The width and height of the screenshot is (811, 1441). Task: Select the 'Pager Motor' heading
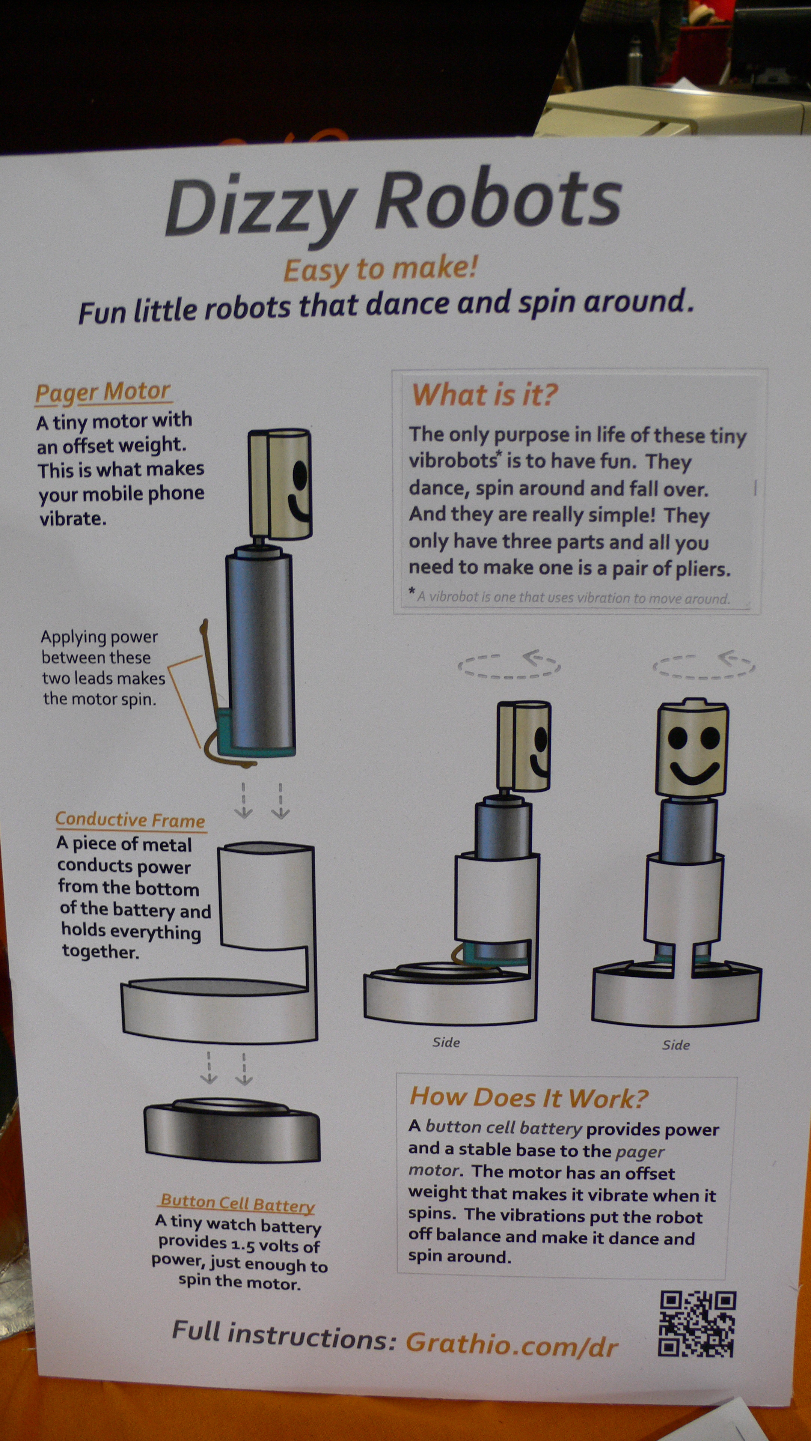click(103, 392)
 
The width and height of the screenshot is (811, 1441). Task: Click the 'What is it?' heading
click(485, 394)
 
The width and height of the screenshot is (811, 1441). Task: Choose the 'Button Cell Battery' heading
click(238, 1203)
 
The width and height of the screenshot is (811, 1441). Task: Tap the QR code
click(697, 1324)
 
